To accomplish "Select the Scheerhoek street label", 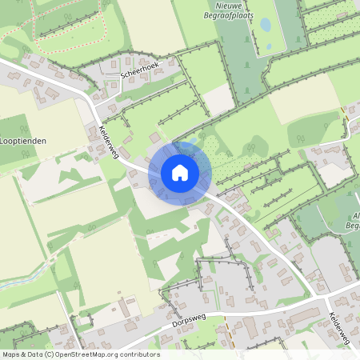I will click(x=141, y=70).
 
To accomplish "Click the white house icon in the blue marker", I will click(x=180, y=173).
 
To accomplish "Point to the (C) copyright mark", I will click(x=49, y=354).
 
